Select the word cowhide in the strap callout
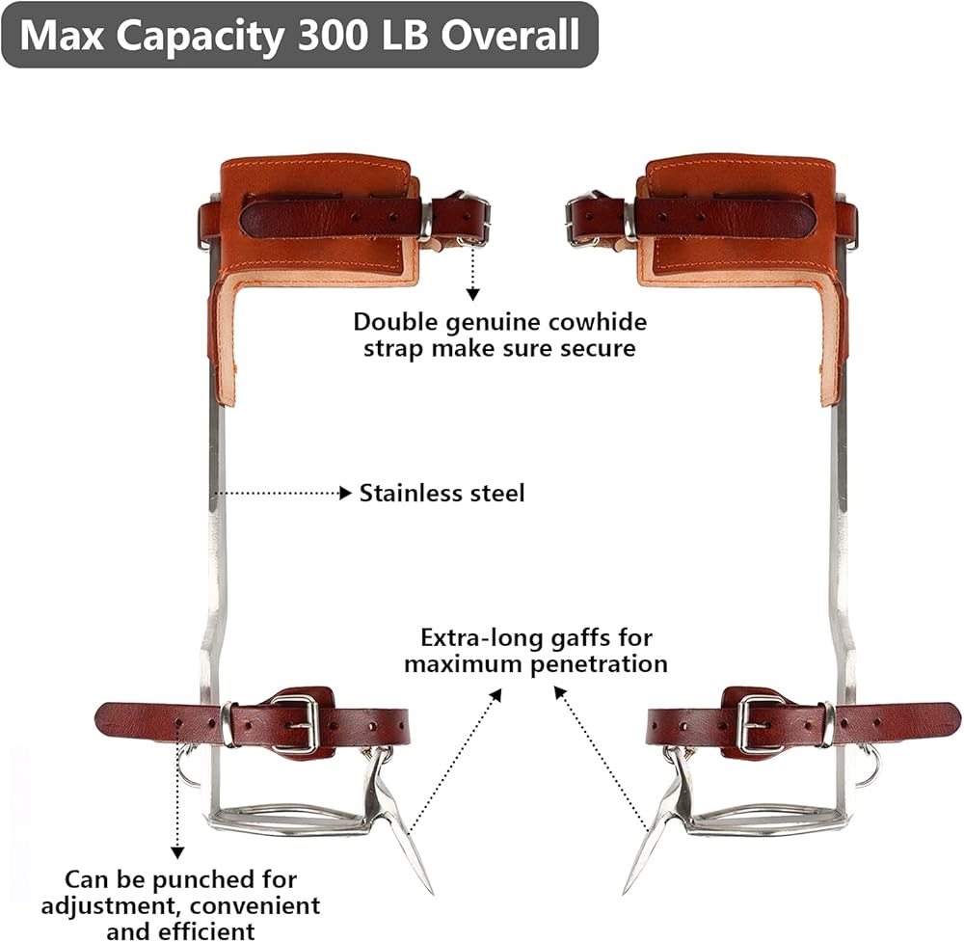pos(599,322)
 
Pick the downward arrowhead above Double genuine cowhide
pos(472,293)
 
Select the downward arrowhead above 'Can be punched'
pos(177,851)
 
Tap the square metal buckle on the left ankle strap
pos(295,723)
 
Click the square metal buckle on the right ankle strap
pos(760,723)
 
